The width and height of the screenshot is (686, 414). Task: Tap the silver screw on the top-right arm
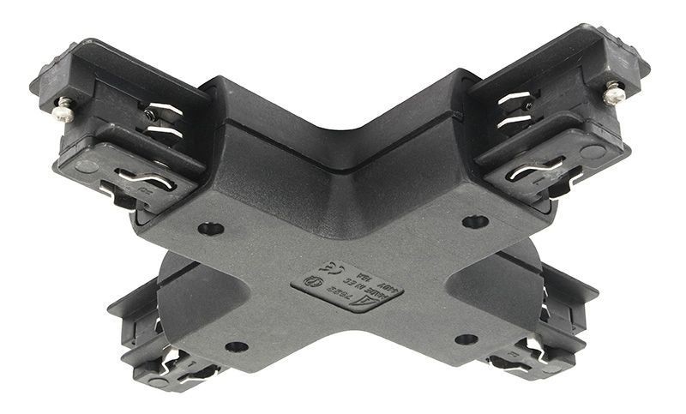pyautogui.click(x=612, y=92)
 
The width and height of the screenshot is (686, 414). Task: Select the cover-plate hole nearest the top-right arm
pyautogui.click(x=475, y=222)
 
